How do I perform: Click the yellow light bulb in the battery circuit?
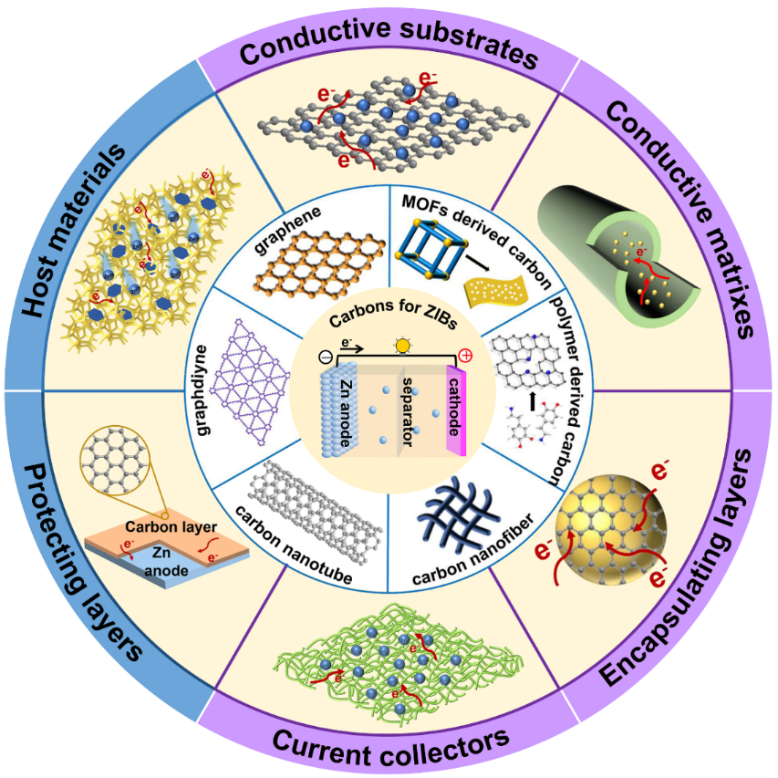403,345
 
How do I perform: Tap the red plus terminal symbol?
465,356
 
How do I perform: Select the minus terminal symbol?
325,357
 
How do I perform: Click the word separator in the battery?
408,412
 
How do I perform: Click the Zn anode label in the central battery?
348,413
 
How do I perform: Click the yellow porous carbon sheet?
496,291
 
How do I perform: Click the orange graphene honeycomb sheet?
320,262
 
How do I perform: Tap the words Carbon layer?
171,526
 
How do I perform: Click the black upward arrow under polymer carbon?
533,401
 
